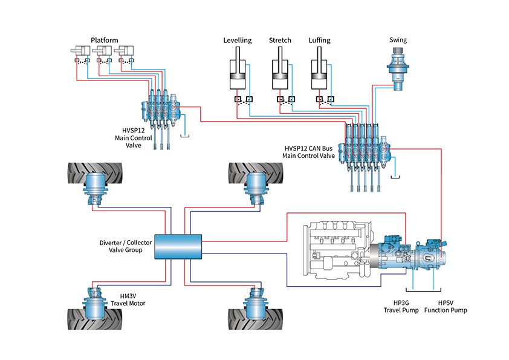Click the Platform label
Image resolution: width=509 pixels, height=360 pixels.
[x=104, y=40]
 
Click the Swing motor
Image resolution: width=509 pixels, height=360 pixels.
[x=398, y=70]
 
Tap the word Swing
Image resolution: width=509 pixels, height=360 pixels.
[x=398, y=40]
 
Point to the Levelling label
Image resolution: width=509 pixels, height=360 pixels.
[x=237, y=41]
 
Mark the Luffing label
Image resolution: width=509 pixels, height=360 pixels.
[x=319, y=41]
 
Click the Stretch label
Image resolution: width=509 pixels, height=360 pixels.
[x=280, y=41]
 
